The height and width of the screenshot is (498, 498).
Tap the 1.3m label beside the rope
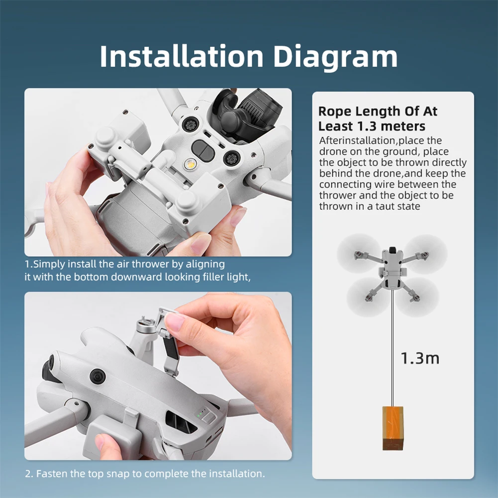pos(420,358)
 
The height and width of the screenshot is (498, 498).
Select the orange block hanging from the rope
pos(393,428)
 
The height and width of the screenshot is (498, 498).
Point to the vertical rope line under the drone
pos(393,348)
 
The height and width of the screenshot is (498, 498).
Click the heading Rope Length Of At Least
pos(378,118)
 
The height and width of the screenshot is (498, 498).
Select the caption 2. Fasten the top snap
pos(145,473)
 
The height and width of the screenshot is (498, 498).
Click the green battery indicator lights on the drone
pos(201,414)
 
